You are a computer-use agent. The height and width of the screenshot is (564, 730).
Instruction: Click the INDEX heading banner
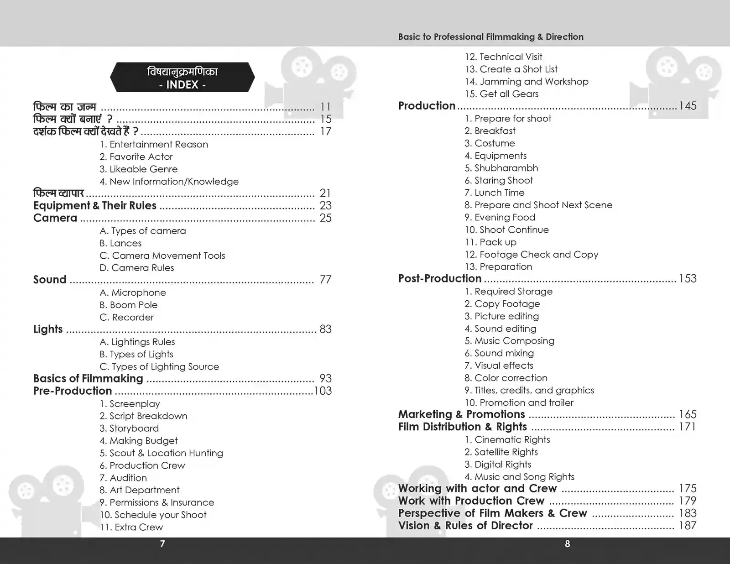182,78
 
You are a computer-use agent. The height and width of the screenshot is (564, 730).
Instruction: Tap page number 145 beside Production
688,106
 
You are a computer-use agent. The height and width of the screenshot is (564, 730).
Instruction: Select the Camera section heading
55,218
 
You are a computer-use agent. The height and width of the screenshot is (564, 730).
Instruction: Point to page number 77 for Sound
325,280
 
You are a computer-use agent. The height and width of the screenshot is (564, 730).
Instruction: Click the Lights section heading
48,329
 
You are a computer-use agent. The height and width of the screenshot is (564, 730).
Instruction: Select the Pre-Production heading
73,391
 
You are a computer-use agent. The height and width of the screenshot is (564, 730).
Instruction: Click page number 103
323,391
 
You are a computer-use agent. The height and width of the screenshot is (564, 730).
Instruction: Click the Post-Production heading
440,278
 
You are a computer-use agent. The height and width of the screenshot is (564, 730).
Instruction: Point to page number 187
688,526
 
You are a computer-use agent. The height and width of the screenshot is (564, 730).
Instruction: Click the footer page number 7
162,544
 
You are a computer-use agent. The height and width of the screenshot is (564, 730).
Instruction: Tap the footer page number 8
567,544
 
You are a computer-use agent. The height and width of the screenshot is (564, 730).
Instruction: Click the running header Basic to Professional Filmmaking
490,37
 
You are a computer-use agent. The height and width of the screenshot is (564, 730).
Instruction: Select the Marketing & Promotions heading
462,414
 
